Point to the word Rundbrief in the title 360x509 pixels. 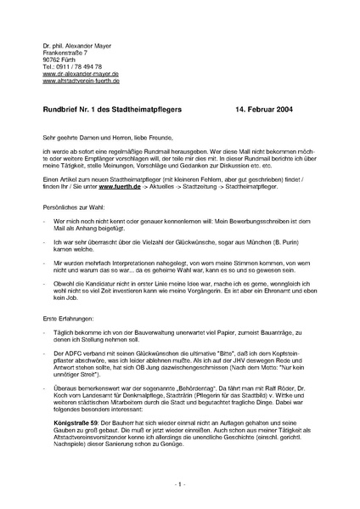pos(61,110)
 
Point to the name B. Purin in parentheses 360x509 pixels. pos(302,242)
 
